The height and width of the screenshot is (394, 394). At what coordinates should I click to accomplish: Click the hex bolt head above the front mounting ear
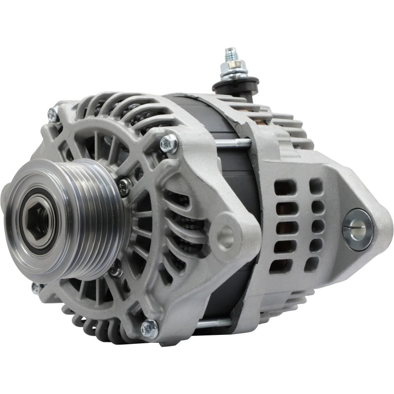[x=169, y=144]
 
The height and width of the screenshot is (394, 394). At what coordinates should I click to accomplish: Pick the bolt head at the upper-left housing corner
[x=52, y=114]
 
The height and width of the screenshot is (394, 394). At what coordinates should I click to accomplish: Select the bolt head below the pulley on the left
[x=36, y=288]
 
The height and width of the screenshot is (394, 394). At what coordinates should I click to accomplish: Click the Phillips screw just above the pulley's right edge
[x=125, y=186]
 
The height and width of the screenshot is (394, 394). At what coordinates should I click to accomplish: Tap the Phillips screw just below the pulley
[x=116, y=270]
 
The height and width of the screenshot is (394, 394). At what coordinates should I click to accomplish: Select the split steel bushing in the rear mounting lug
[x=357, y=229]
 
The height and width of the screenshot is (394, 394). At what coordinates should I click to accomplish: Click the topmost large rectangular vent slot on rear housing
[x=285, y=188]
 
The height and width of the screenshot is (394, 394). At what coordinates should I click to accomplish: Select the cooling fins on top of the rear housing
[x=291, y=128]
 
